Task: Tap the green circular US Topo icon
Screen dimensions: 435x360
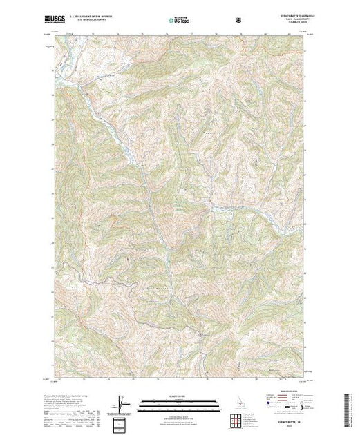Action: coord(169,21)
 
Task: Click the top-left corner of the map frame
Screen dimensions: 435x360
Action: coord(54,34)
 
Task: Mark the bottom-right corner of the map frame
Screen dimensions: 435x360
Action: coord(307,378)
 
